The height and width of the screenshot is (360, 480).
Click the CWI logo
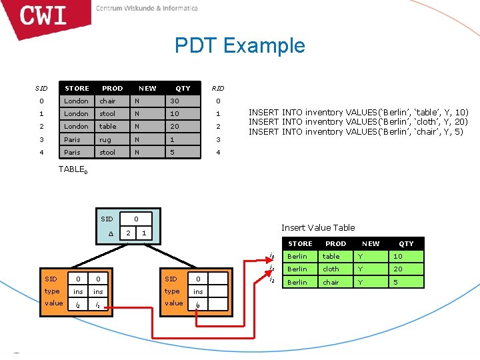(44, 15)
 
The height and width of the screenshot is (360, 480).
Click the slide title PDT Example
(239, 45)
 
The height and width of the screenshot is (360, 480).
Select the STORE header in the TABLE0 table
(77, 88)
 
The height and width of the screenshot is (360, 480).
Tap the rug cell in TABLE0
(106, 139)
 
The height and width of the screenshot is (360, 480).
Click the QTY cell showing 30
(174, 101)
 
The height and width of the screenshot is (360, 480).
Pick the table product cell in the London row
(107, 126)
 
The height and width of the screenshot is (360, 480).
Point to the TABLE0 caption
(73, 169)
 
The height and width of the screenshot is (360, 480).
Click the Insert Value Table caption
(318, 227)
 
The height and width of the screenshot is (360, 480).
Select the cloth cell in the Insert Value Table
(331, 269)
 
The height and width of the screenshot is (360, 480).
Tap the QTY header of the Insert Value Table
(406, 243)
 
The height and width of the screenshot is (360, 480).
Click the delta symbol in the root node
(111, 233)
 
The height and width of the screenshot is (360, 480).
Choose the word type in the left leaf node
(52, 291)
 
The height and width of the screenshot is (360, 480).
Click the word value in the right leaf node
(173, 303)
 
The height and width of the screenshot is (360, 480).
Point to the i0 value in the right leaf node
(198, 304)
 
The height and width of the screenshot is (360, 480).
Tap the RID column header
(217, 88)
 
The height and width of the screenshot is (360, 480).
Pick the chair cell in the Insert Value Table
(331, 281)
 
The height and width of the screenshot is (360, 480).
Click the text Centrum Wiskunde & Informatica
(147, 9)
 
